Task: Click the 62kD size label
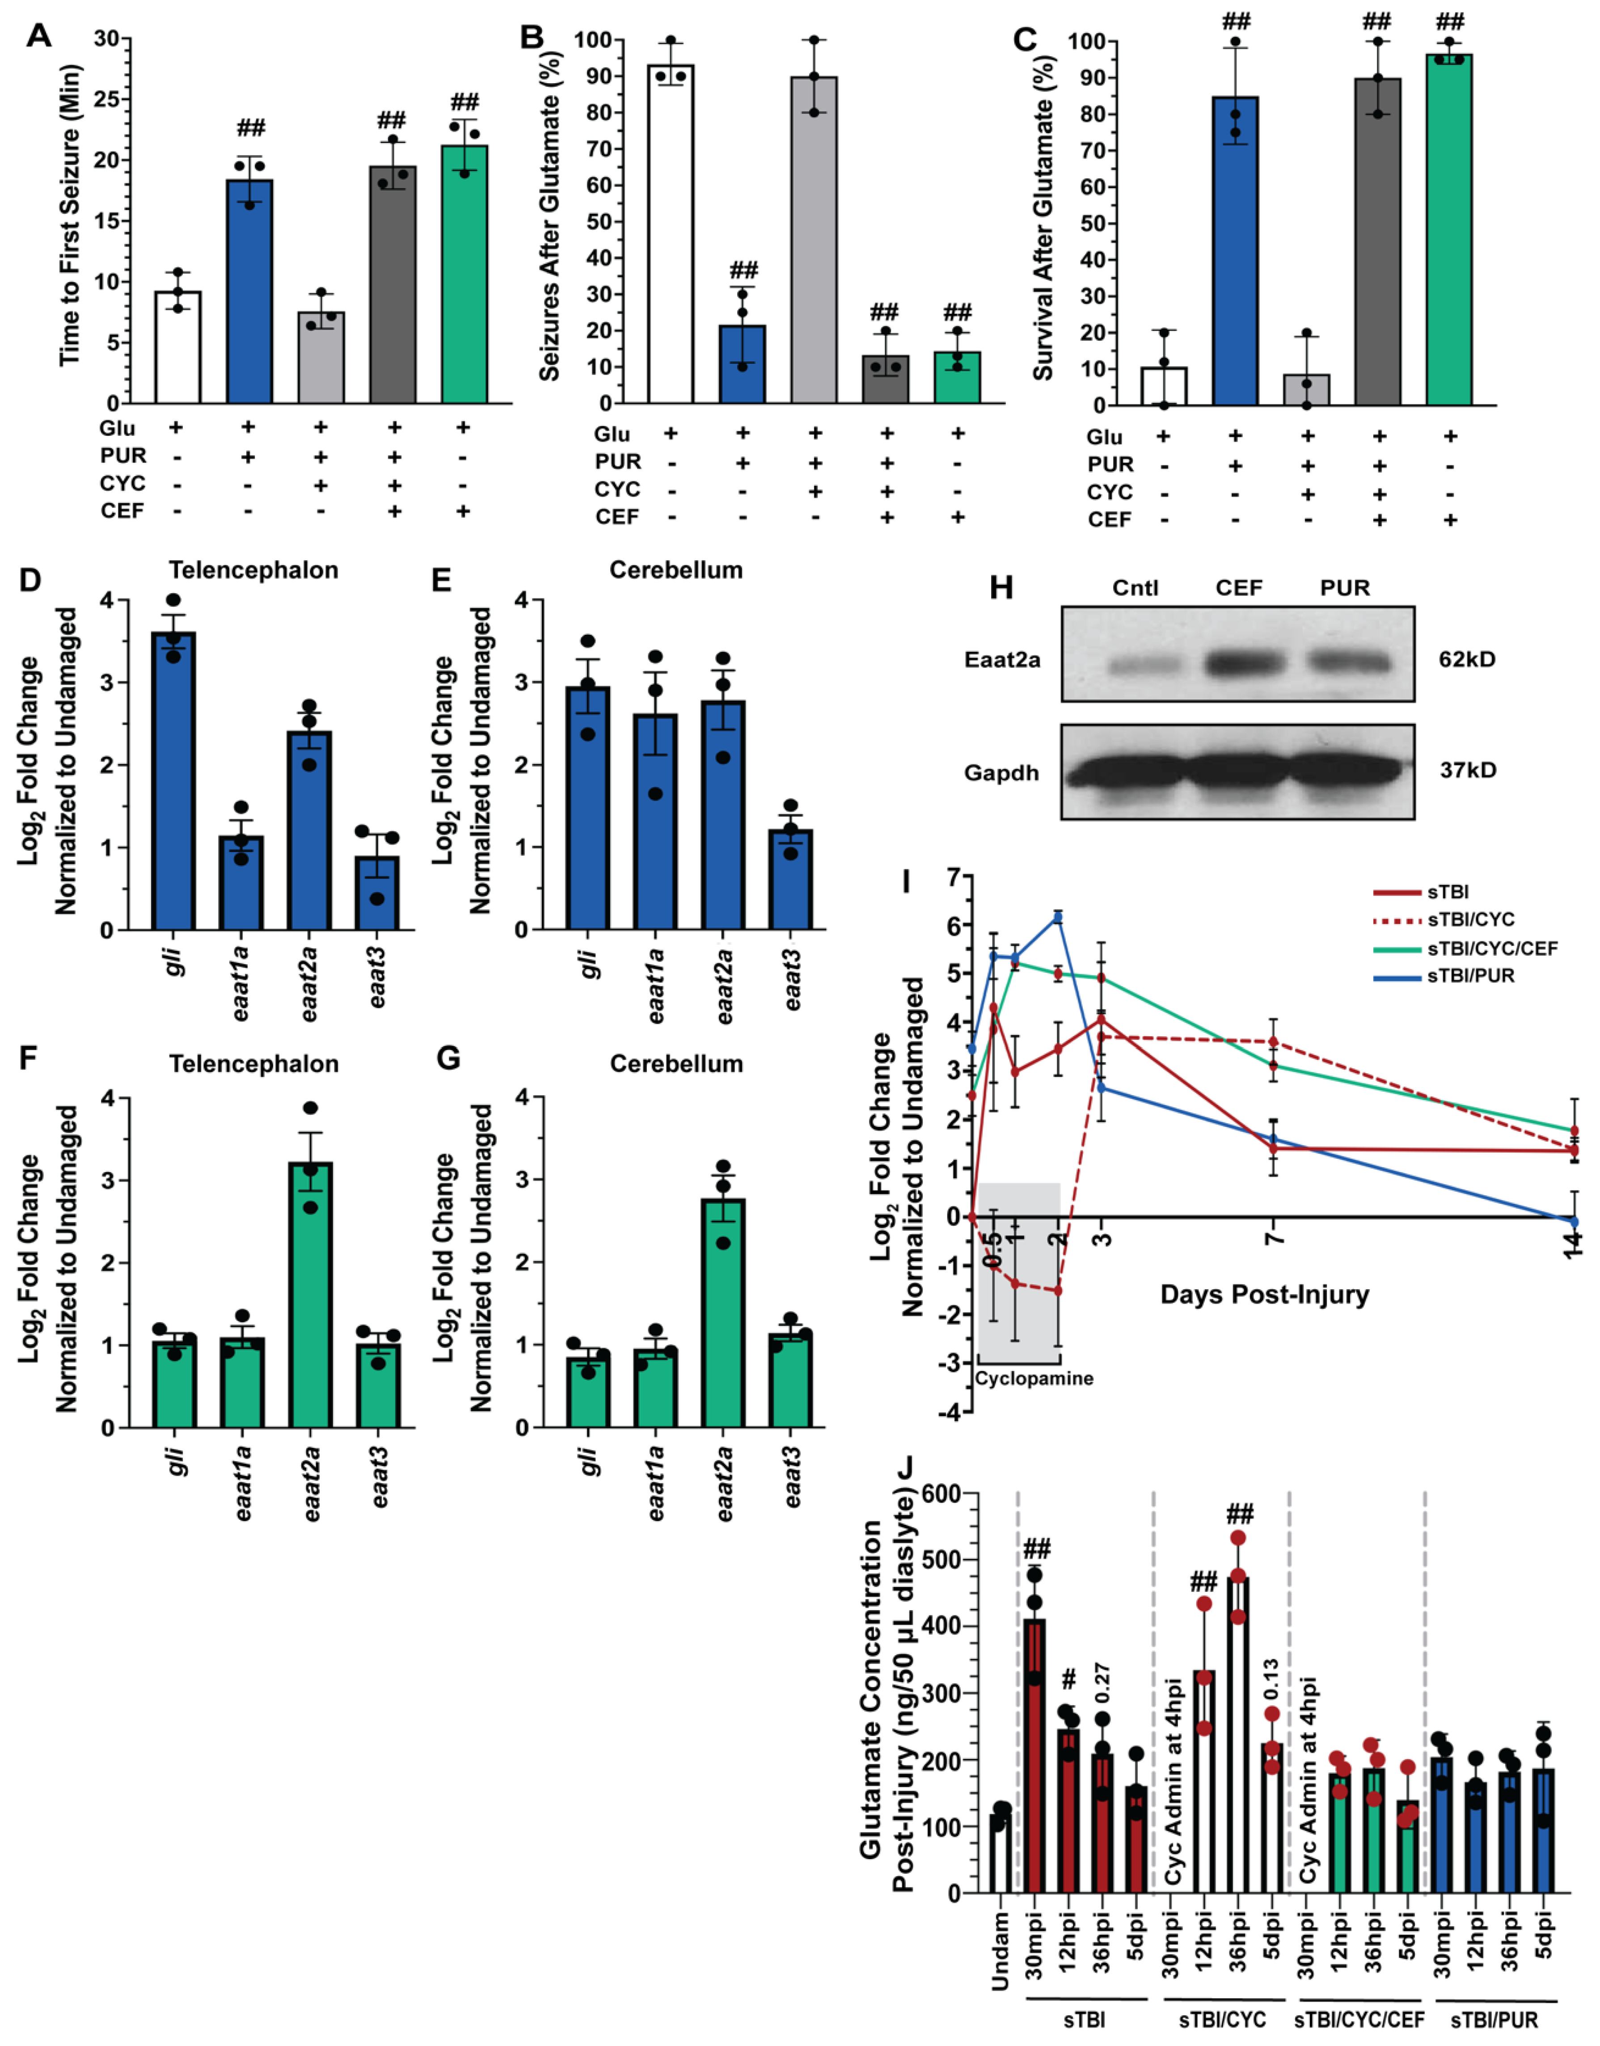tap(1467, 659)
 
